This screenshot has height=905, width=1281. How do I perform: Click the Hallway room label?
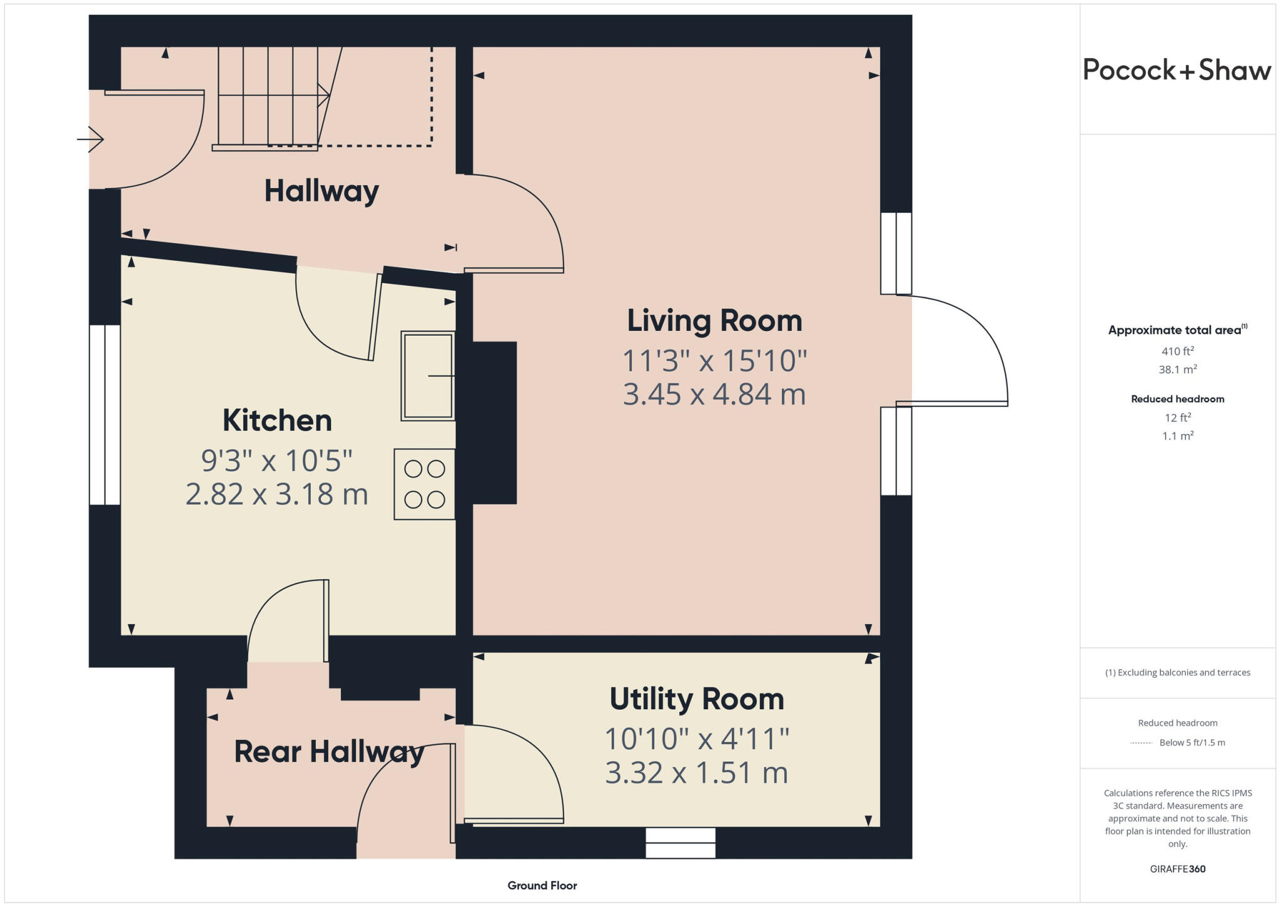coord(322,191)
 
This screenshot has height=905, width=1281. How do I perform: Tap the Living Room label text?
coord(714,321)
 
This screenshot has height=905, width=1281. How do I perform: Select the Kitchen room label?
coord(277,420)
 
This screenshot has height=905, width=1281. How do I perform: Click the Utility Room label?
coord(697,699)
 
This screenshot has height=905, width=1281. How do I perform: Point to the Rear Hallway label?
coord(329,752)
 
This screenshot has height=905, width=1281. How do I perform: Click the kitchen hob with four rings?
coord(424,484)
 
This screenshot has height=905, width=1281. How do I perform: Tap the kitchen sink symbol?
coord(428,375)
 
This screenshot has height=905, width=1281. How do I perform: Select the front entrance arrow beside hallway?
coord(90,139)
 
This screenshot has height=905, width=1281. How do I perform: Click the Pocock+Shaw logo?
coord(1177,70)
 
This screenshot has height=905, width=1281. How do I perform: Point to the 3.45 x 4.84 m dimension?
coord(714,395)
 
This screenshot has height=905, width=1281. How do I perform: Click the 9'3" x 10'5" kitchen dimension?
coord(277,461)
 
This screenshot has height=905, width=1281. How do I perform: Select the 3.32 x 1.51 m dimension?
coord(696,773)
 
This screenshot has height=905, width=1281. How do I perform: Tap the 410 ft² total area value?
coord(1177,351)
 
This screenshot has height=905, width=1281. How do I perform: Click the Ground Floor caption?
coord(542,886)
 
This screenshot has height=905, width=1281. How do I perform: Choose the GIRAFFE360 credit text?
coord(1178,869)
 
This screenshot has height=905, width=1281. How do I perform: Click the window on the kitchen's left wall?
coord(104,415)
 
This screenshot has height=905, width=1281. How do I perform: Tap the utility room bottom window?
coord(681,843)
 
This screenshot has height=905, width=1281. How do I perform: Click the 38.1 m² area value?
coord(1178,369)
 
